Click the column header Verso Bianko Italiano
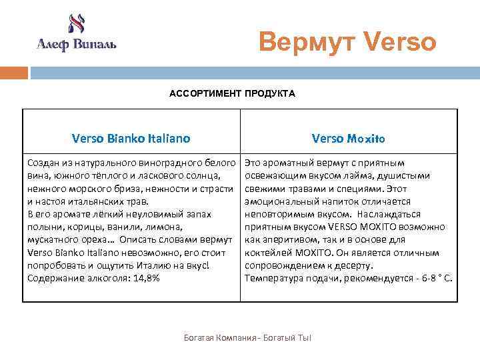(131, 139)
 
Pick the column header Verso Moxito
(348, 139)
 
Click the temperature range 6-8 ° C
(436, 278)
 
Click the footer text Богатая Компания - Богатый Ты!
(247, 339)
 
